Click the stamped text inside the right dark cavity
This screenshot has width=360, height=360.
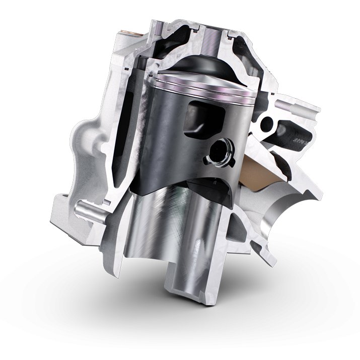(x=301, y=138)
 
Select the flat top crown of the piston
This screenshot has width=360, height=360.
(x=201, y=76)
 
